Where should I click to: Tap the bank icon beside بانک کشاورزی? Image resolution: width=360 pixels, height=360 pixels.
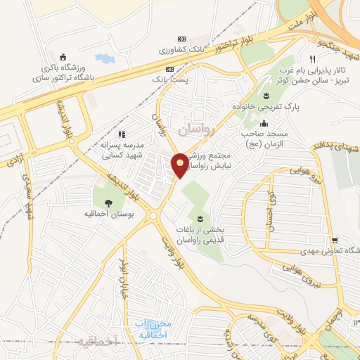181,38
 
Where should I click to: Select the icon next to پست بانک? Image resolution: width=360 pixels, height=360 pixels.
169,70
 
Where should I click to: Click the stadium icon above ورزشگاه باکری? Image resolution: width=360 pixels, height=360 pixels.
63,57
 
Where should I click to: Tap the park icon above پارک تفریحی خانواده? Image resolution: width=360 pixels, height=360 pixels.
266,96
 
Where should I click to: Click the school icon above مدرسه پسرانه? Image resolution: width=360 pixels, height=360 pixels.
121,134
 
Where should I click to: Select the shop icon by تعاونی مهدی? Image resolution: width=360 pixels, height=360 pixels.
336,240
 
